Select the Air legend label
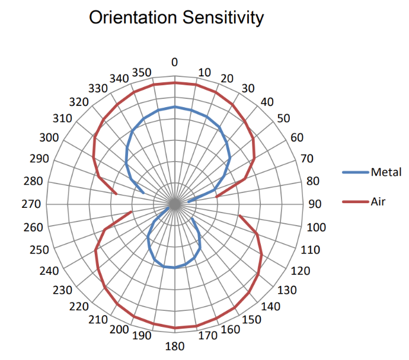(378, 201)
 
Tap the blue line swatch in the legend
(356, 173)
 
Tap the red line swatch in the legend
(356, 202)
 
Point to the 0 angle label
(174, 62)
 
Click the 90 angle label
(314, 204)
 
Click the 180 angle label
(174, 346)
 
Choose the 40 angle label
(267, 102)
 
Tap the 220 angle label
(79, 306)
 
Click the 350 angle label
(142, 72)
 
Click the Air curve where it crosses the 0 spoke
(175, 83)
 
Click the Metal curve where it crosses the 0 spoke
(175, 107)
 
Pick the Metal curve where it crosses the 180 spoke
(175, 268)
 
